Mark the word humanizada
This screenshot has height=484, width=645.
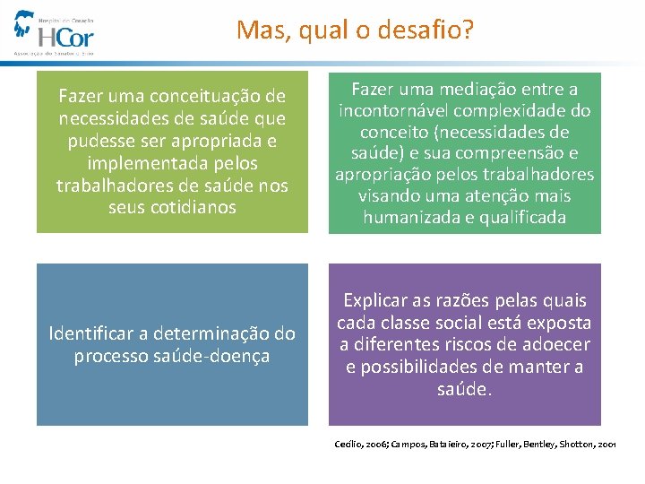pos(412,218)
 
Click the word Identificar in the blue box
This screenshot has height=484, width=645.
pos(93,333)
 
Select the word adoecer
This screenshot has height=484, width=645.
pos(551,345)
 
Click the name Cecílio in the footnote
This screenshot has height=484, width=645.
pos(349,444)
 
